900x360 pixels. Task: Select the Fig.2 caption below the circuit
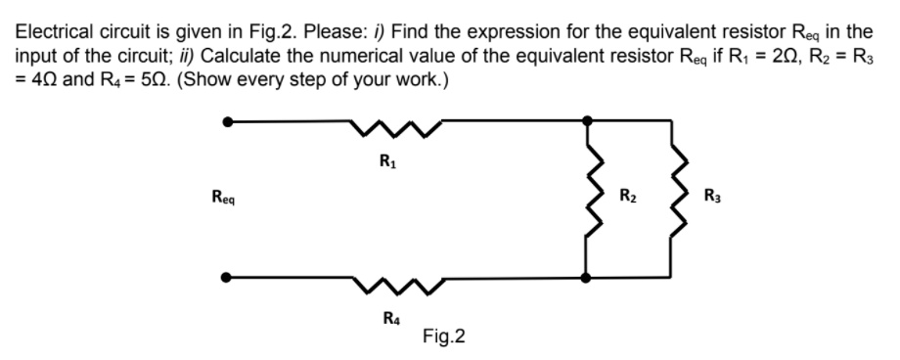point(444,337)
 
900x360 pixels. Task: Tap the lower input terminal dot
point(229,278)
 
